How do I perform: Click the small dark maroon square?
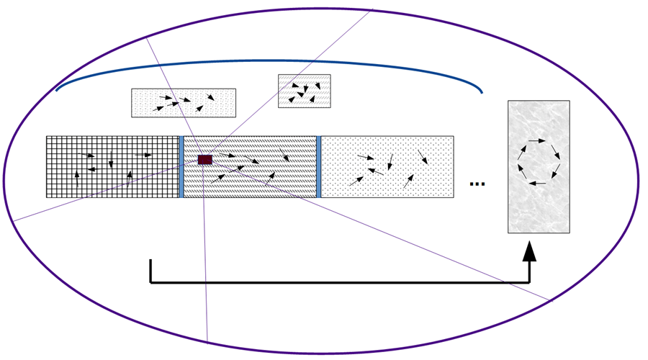pos(205,159)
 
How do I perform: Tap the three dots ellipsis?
pos(477,184)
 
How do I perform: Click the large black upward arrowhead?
pos(529,251)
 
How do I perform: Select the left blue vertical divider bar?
pos(181,166)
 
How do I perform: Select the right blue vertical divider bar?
pos(318,166)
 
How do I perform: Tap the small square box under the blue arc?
pos(304,91)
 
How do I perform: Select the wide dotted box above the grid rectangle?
pos(183,103)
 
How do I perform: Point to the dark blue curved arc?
pos(268,61)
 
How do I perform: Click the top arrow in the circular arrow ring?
pos(537,140)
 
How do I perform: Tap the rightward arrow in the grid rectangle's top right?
pos(143,155)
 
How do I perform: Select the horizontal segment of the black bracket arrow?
pos(338,282)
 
